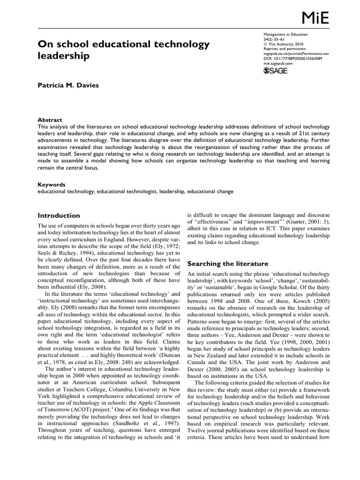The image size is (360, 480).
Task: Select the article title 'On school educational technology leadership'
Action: coord(123,50)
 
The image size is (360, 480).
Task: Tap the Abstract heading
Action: coord(49,120)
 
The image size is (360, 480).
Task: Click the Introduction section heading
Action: coord(59,216)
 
